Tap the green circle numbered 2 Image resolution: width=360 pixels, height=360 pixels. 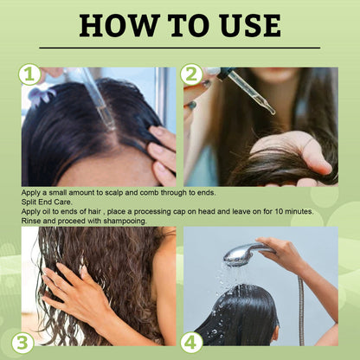pos(192,74)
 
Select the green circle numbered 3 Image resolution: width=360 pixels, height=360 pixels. pos(23,343)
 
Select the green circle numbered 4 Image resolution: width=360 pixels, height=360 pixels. pos(192,343)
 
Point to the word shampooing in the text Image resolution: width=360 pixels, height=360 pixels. pos(119,221)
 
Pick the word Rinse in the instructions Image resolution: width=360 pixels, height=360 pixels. pos(34,221)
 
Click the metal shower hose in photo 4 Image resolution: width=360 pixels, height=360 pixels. pos(300,303)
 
